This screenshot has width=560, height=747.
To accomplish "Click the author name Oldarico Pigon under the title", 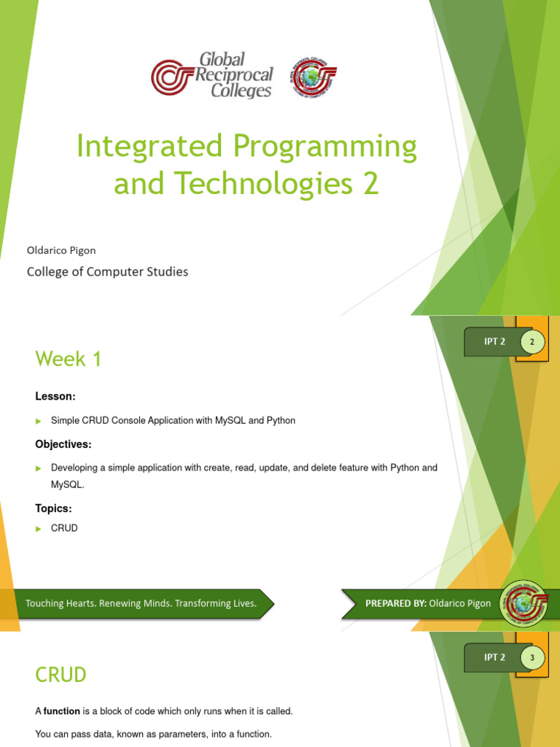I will click(x=61, y=250).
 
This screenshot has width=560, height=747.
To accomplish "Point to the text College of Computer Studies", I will click(x=107, y=272).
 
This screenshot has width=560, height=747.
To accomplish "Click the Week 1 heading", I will click(x=69, y=359).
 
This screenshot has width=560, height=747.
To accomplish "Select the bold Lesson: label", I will click(x=55, y=396).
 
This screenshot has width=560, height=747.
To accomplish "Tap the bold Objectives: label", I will click(x=64, y=444).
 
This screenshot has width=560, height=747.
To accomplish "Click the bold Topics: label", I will click(x=54, y=508).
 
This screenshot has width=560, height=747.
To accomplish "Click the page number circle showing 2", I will click(x=532, y=341).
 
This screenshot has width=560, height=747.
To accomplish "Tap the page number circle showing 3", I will click(x=532, y=658).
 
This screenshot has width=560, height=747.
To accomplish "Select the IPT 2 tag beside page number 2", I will click(x=494, y=341).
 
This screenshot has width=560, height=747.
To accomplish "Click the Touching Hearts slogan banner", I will click(x=141, y=603).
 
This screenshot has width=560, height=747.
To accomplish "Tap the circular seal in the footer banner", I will click(x=521, y=603).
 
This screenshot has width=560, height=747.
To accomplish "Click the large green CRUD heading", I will click(x=61, y=675).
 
